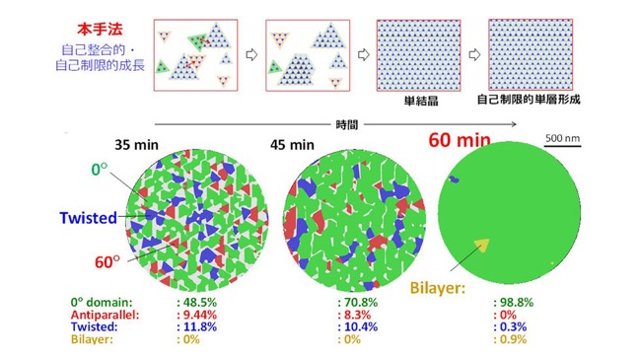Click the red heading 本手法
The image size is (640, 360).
[x=100, y=30]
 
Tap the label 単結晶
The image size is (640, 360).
[x=421, y=101]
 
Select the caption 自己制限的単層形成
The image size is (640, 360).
[x=529, y=100]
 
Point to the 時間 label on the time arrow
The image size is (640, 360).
[x=346, y=124]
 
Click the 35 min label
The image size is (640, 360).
[x=136, y=145]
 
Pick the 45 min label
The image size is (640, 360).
[x=292, y=145]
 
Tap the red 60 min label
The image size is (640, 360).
[x=460, y=140]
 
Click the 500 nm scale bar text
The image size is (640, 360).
[x=562, y=138]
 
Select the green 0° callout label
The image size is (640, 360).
[x=100, y=170]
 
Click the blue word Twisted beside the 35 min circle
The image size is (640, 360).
[x=88, y=218]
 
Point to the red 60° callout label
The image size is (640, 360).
[x=107, y=262]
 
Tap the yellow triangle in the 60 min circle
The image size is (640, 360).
[x=482, y=245]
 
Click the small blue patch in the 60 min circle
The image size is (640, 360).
[x=454, y=179]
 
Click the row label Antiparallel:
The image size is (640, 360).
[x=105, y=315]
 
